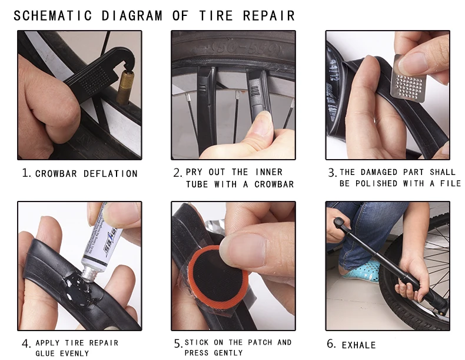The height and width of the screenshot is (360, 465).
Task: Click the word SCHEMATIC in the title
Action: [x=53, y=16]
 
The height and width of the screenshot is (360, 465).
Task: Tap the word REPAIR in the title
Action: [x=268, y=16]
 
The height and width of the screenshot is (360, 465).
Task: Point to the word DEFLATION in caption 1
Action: [x=110, y=174]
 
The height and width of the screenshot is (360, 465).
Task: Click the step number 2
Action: [x=177, y=173]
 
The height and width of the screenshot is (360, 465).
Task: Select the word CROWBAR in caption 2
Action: [x=274, y=184]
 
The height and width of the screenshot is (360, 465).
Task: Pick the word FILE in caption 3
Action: [x=450, y=184]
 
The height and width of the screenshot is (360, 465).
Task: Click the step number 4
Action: [x=26, y=344]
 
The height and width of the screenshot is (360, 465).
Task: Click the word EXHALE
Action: [x=359, y=345]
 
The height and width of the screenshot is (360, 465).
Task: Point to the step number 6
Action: [x=331, y=344]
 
